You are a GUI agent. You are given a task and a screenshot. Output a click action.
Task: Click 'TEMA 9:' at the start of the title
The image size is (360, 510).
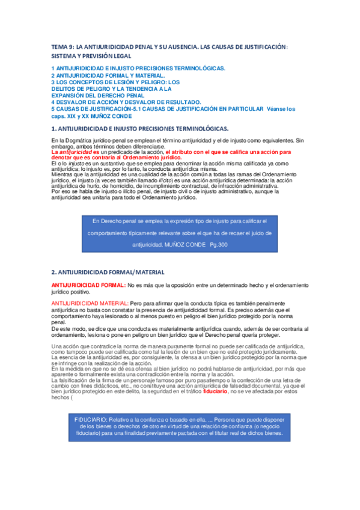click(61, 46)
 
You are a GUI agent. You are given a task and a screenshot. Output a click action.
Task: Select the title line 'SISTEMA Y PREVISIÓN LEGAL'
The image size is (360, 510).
click(91, 55)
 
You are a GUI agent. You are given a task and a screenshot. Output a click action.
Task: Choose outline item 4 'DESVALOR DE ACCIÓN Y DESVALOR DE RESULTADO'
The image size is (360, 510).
click(126, 102)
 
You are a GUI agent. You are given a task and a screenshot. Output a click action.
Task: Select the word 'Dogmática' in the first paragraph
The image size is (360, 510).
click(76, 141)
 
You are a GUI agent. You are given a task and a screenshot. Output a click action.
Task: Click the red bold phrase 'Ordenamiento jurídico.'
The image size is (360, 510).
click(153, 158)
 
